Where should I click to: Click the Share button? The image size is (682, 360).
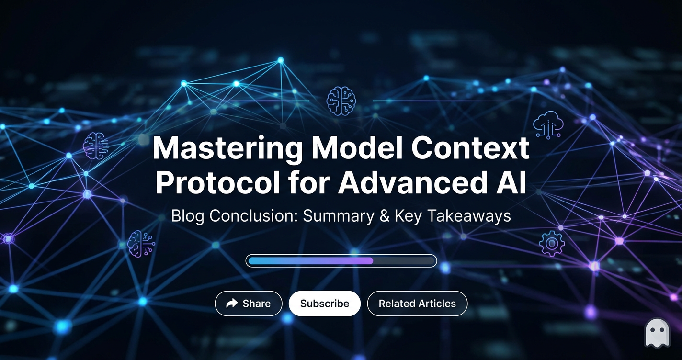(x=249, y=304)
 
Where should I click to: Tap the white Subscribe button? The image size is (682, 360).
(x=324, y=304)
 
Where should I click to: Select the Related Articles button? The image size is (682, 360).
(x=417, y=304)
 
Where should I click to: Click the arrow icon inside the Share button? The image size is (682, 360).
(x=232, y=304)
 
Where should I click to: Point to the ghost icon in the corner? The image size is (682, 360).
(x=657, y=333)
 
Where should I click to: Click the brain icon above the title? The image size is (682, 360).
(x=341, y=101)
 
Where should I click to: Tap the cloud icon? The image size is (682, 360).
(x=548, y=125)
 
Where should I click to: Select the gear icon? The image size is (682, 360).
(x=551, y=244)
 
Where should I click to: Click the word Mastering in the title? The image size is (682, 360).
(x=227, y=150)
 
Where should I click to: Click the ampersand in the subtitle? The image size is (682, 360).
(x=383, y=216)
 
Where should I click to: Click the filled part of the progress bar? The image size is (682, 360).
(x=310, y=261)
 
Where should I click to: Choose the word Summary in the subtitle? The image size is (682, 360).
(x=338, y=216)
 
